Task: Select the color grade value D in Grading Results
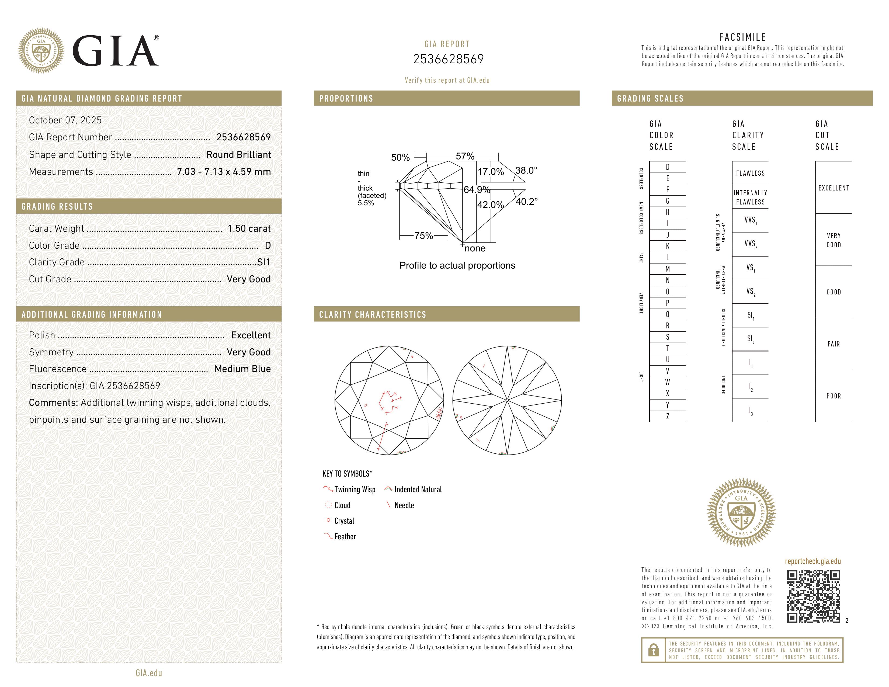click(268, 245)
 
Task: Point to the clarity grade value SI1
click(263, 262)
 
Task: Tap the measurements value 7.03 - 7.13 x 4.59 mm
click(224, 172)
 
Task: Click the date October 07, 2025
click(65, 120)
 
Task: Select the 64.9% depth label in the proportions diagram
click(477, 190)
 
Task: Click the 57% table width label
click(465, 156)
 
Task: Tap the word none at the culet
click(475, 249)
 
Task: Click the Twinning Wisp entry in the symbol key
click(355, 490)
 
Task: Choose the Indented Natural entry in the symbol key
click(418, 490)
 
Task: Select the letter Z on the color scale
click(668, 416)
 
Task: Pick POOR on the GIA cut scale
click(833, 396)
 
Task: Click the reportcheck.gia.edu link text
click(812, 561)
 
